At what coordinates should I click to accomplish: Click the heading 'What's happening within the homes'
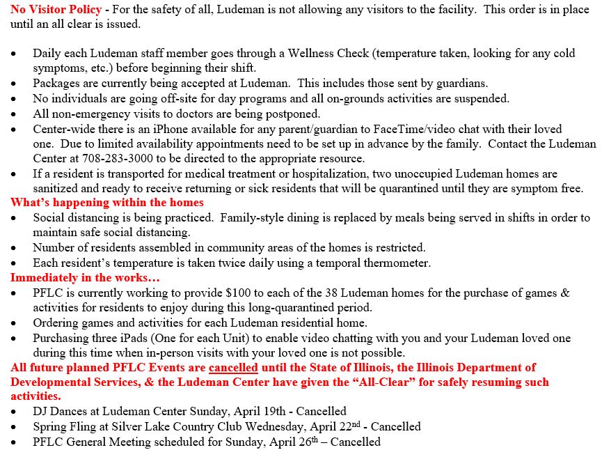click(107, 203)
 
